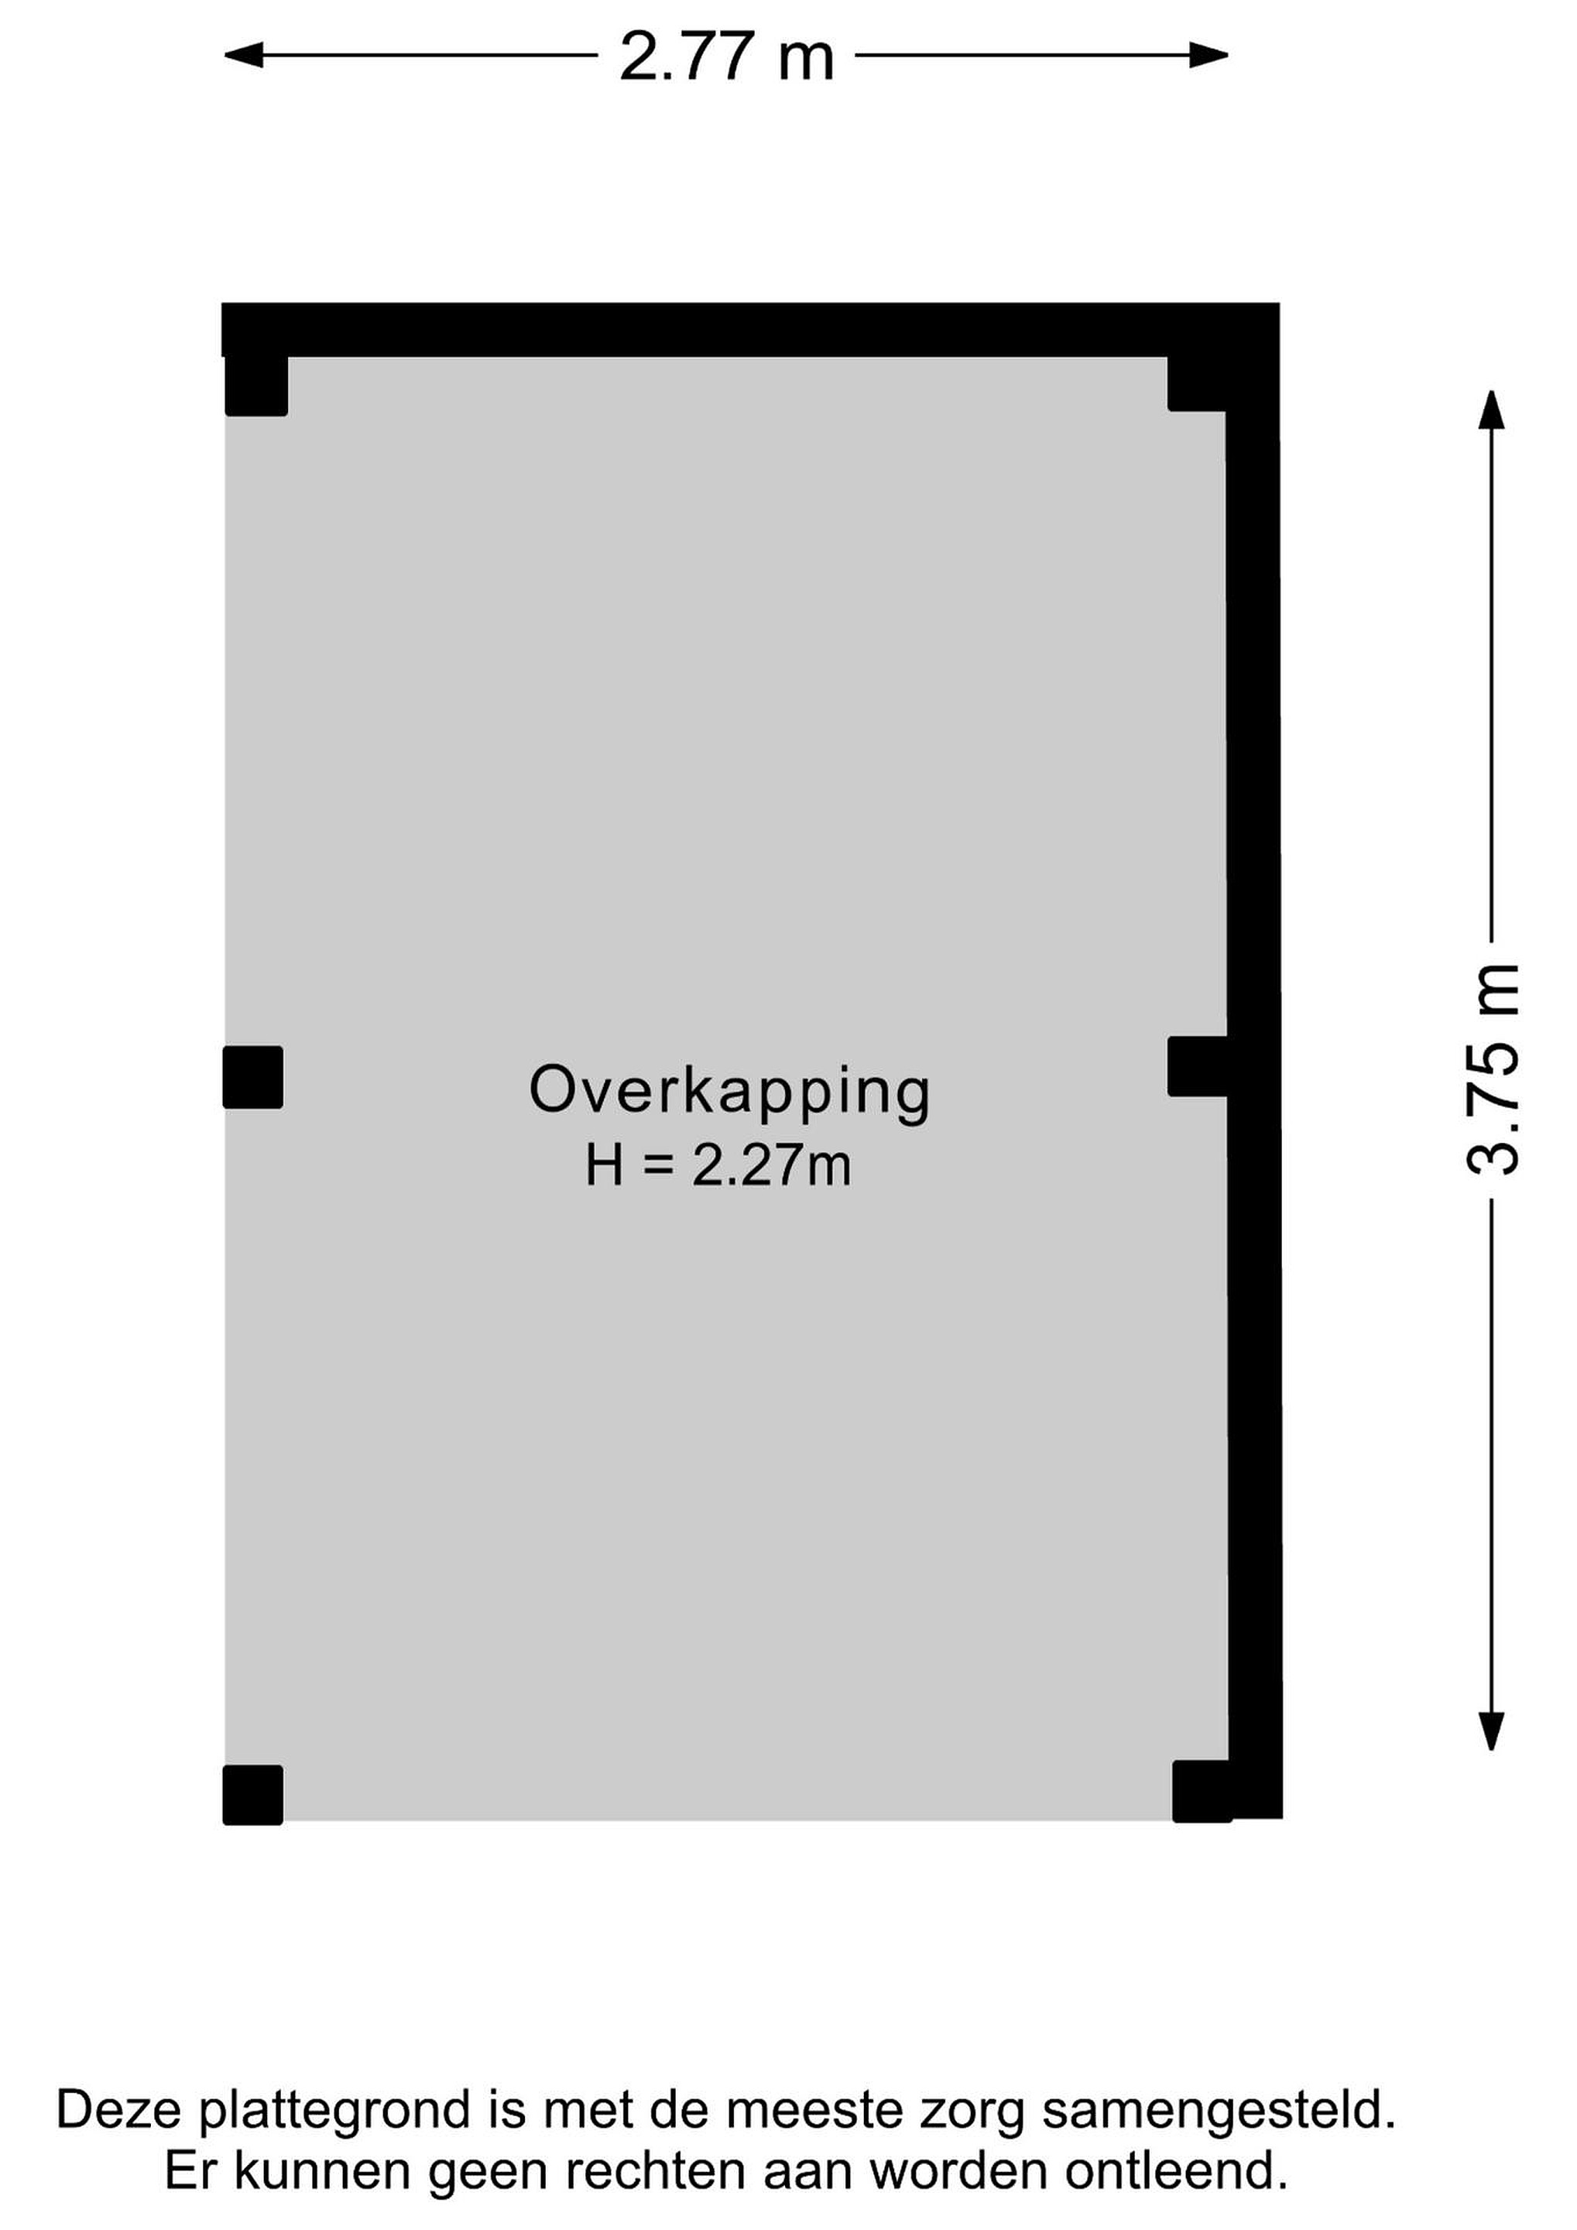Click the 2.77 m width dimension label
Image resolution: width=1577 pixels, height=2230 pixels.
(x=726, y=57)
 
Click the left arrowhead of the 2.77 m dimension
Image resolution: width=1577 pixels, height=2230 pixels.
(x=243, y=55)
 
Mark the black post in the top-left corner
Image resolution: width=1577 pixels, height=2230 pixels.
(x=256, y=386)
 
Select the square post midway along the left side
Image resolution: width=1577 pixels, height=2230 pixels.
(x=253, y=1077)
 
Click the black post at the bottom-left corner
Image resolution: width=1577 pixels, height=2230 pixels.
(x=253, y=1795)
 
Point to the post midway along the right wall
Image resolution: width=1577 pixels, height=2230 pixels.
(x=1198, y=1066)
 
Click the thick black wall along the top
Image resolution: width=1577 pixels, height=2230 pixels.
(x=749, y=330)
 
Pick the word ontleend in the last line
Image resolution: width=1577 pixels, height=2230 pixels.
(x=1177, y=2170)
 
